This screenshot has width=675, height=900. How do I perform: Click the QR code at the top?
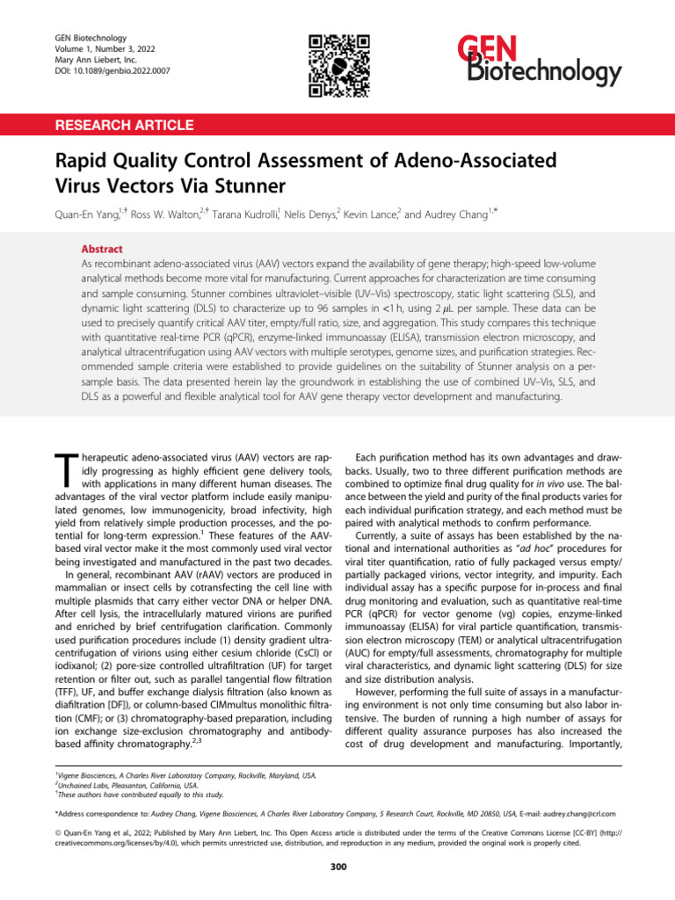[x=337, y=66]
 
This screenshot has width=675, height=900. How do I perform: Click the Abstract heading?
[x=102, y=249]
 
